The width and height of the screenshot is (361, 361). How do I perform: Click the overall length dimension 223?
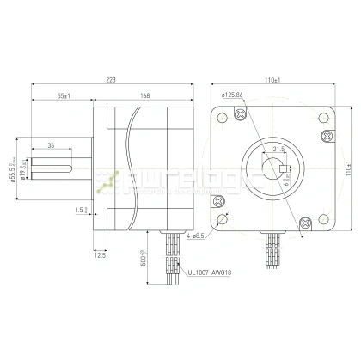tap(110, 79)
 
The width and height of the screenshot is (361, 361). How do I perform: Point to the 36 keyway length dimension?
tap(51, 145)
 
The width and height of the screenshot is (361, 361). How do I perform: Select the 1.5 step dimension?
tap(80, 209)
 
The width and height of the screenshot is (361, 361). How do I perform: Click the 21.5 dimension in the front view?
tap(278, 149)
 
